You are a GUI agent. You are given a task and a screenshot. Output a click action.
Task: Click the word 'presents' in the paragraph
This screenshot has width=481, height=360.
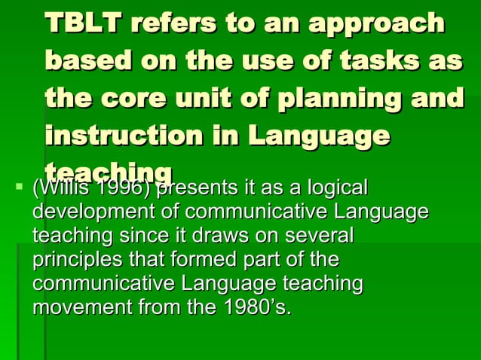tap(192, 187)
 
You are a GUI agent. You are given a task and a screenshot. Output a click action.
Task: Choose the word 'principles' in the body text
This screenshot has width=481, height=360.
tap(72, 260)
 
